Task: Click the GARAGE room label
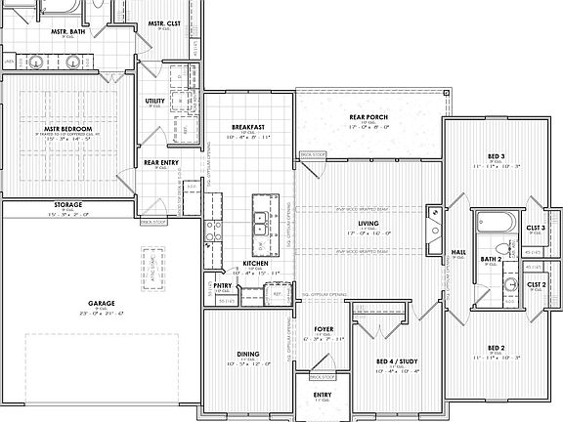pyautogui.click(x=102, y=303)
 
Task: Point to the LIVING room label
pyautogui.click(x=368, y=224)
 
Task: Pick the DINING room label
pyautogui.click(x=247, y=354)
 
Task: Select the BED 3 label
pyautogui.click(x=495, y=156)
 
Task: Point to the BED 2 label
pyautogui.click(x=495, y=348)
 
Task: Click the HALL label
pyautogui.click(x=457, y=253)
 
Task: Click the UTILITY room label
pyautogui.click(x=154, y=101)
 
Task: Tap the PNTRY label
pyautogui.click(x=223, y=285)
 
